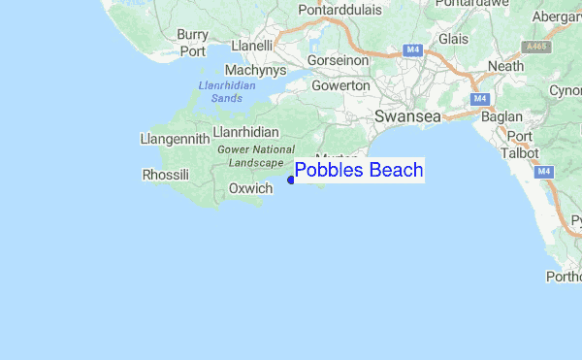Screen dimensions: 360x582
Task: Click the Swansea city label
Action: coord(407,115)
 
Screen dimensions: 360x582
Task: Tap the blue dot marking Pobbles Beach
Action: coord(291,179)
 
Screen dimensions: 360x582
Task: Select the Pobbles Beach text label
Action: coord(359,171)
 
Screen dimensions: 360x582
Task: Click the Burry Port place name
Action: coord(192,43)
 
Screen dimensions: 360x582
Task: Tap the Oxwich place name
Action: coord(250,188)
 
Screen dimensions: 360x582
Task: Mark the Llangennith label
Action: coord(175,139)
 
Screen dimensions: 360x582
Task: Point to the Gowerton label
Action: coord(341,85)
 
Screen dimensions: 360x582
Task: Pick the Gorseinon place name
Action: coord(338,59)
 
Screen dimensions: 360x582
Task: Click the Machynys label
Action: coord(254,71)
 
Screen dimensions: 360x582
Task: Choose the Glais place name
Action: coord(454,39)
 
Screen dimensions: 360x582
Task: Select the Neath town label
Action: coord(506,66)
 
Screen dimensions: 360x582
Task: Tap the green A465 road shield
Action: coord(535,46)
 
